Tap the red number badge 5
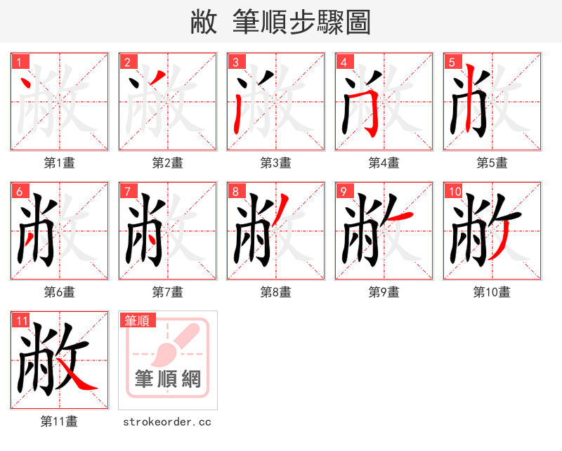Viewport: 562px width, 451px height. (452, 63)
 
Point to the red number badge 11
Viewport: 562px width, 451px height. (21, 321)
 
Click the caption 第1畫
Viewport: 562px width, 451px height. (60, 163)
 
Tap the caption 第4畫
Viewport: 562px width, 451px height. (384, 163)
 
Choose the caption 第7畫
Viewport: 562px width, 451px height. (168, 292)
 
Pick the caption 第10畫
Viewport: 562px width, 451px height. (492, 292)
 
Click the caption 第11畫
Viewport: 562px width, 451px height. (60, 421)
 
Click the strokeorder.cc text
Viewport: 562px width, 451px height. (167, 421)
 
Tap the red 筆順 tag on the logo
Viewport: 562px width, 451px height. (136, 321)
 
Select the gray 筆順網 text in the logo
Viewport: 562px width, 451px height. (168, 379)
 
